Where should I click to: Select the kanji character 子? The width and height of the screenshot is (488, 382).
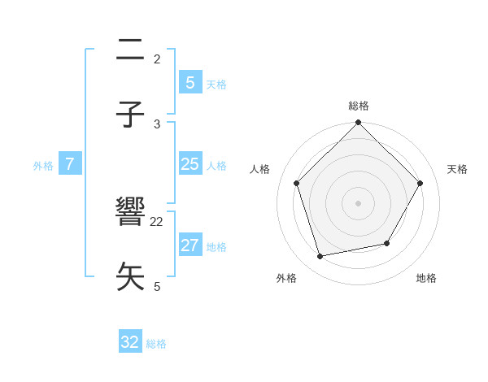(131, 114)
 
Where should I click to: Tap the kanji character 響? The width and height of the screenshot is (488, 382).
(131, 213)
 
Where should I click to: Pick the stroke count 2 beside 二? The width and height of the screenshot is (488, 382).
(157, 59)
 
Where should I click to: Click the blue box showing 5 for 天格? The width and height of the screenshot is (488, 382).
(190, 82)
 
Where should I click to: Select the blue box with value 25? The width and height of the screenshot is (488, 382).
(190, 164)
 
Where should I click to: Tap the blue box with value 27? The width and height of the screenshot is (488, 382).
(190, 245)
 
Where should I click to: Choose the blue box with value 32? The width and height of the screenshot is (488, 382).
(130, 342)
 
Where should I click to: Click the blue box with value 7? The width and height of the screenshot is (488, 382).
(70, 164)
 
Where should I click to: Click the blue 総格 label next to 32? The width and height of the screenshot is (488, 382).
(156, 344)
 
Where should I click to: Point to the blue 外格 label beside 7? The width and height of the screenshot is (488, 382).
(43, 166)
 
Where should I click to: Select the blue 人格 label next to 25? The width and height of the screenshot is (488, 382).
(216, 166)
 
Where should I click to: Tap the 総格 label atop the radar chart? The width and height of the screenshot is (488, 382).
(359, 106)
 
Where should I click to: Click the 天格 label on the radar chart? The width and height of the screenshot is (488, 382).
(458, 169)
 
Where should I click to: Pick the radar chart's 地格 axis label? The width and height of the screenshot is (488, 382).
(426, 278)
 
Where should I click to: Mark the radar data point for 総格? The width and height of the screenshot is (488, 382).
(359, 124)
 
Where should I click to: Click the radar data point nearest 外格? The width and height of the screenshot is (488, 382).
(320, 257)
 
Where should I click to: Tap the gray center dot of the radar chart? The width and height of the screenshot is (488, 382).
(359, 203)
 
